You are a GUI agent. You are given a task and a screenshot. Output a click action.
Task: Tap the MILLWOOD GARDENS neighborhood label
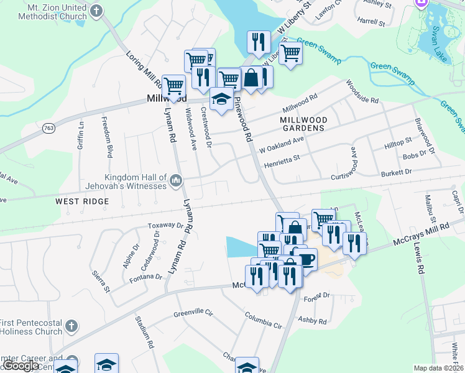(303, 123)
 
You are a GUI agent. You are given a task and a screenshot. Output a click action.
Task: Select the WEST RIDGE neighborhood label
(81, 201)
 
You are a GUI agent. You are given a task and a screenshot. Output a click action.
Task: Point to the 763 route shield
(47, 127)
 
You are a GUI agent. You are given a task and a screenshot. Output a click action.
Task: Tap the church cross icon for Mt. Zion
(96, 11)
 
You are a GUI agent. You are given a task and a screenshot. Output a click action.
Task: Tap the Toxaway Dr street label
(165, 226)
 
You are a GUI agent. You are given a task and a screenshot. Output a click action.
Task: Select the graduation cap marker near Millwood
(221, 99)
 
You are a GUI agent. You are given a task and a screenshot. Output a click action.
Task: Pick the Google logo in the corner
(21, 366)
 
